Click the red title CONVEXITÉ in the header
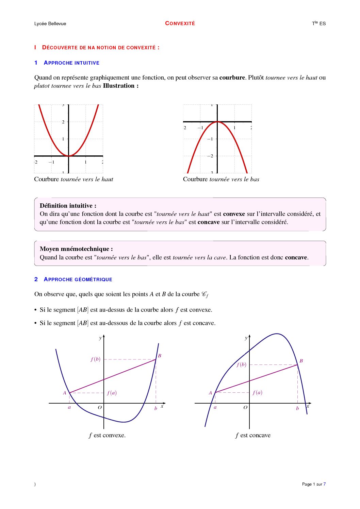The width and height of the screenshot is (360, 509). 180,23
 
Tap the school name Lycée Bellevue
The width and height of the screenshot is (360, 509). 50,23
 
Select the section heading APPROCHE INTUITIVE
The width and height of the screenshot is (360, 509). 71,63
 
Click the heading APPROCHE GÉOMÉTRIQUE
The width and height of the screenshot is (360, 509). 78,279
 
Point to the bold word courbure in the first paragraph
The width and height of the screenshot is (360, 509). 232,78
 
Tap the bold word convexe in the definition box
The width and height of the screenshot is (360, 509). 234,214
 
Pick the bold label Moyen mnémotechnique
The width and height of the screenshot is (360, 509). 76,249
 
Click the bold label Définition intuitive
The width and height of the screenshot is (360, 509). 68,206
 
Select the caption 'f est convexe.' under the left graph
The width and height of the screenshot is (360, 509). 107,435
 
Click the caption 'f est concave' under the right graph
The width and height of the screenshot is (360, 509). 253,435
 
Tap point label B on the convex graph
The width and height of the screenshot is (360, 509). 160,356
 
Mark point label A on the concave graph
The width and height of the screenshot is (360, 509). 210,393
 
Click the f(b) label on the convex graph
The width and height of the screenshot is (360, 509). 96,359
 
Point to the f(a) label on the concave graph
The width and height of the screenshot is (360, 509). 257,392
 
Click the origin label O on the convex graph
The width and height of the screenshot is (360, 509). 100,407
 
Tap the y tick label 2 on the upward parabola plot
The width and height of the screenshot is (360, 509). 63,122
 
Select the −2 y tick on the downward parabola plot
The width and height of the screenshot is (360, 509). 210,156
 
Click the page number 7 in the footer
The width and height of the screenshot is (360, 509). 325,484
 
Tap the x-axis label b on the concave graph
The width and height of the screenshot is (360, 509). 297,408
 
